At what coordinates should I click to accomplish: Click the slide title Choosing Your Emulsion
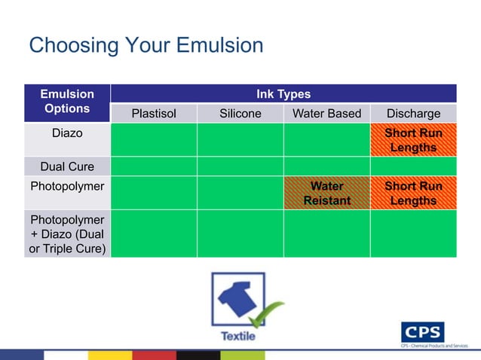[x=146, y=46]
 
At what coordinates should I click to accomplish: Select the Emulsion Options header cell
[x=67, y=102]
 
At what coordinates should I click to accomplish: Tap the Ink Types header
[x=283, y=94]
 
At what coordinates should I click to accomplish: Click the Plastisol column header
[x=154, y=114]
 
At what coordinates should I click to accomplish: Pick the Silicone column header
[x=240, y=114]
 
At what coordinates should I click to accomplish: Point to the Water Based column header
[x=326, y=114]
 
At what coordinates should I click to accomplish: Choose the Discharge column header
[x=413, y=114]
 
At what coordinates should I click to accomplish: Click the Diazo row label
[x=67, y=134]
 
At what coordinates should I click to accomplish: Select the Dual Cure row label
[x=67, y=166]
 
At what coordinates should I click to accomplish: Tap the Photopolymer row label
[x=67, y=185]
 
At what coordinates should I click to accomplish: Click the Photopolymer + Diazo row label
[x=67, y=233]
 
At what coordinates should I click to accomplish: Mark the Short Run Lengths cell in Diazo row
[x=413, y=140]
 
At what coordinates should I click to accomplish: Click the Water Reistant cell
[x=326, y=194]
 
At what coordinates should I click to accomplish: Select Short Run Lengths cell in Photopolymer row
[x=413, y=194]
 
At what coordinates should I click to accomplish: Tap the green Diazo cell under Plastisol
[x=154, y=140]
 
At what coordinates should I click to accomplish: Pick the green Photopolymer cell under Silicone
[x=240, y=194]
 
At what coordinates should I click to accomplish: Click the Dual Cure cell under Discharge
[x=413, y=166]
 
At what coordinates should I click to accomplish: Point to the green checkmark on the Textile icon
[x=265, y=315]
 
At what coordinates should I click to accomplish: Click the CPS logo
[x=423, y=331]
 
